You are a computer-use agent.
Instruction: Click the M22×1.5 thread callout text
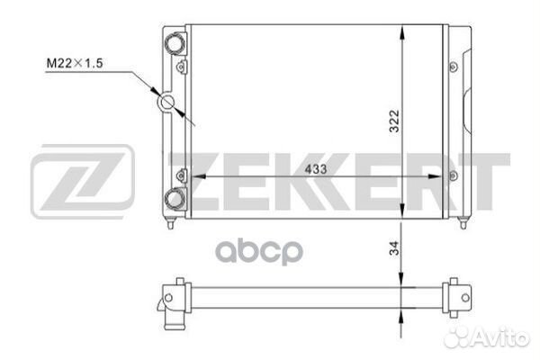75,63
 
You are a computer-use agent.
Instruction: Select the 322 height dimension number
394,121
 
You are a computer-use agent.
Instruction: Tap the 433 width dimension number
316,169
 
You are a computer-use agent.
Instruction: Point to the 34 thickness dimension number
394,247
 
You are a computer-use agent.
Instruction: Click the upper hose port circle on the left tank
175,43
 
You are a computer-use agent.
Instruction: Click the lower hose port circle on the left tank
175,199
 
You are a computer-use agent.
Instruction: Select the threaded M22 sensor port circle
167,102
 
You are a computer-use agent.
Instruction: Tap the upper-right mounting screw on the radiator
454,67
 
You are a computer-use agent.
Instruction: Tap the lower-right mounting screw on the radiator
454,176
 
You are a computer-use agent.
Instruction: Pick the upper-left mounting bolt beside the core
181,67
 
